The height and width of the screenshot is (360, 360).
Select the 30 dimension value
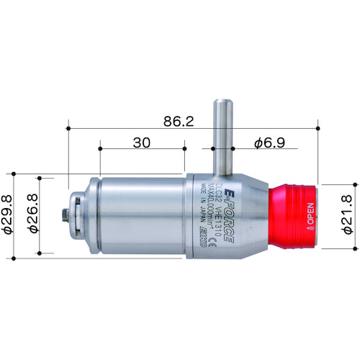[143, 144]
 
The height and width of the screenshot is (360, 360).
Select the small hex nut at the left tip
[67, 215]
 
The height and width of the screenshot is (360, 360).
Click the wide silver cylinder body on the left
[137, 216]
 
